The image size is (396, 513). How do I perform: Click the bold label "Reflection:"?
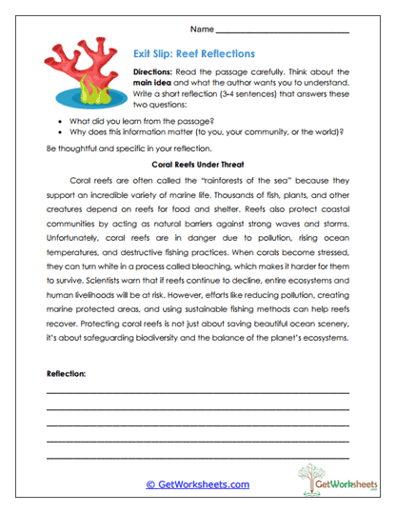pos(66,374)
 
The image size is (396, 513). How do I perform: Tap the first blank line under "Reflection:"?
pos(197,392)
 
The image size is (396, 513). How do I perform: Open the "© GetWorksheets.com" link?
pos(197,484)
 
